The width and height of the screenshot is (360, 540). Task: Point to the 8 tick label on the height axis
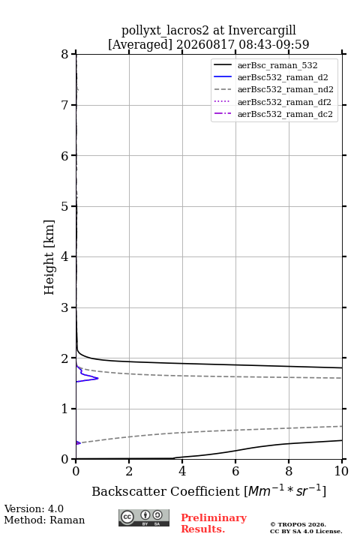[65, 54]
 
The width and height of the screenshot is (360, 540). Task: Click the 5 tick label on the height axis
[65, 206]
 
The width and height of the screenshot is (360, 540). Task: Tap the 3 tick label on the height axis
[65, 307]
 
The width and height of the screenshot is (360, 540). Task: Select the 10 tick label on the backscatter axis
[341, 471]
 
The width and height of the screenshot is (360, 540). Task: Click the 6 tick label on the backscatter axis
[235, 471]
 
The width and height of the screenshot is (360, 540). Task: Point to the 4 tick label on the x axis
[182, 471]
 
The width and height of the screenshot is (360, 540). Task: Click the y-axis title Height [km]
[49, 257]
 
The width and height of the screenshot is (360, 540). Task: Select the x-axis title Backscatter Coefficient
[166, 491]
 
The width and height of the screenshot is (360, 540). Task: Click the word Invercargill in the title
[262, 31]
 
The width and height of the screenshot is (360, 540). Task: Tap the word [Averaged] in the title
[140, 45]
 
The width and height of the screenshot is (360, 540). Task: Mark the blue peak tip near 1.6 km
[98, 378]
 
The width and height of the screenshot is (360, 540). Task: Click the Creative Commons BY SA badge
[144, 518]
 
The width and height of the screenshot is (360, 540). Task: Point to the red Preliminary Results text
[214, 523]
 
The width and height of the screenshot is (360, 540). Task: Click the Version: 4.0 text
[34, 508]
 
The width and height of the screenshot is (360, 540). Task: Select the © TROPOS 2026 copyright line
[298, 524]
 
